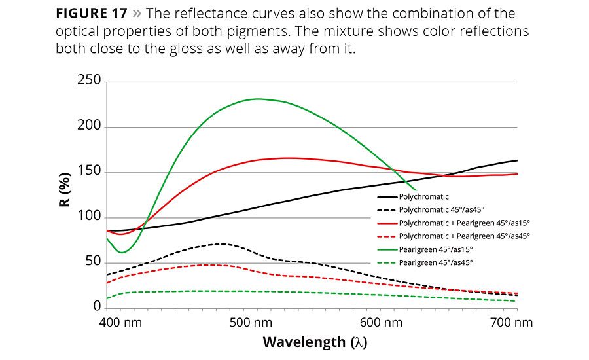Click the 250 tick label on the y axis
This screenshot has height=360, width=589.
tap(88, 81)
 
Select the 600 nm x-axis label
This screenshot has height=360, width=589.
tap(381, 323)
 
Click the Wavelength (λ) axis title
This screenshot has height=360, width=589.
tap(312, 342)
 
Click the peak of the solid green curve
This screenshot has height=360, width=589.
tap(257, 99)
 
